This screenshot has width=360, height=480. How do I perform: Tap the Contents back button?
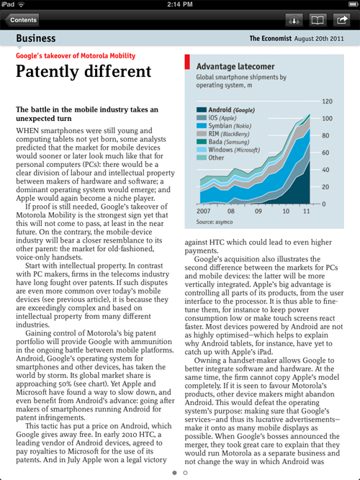coord(22,20)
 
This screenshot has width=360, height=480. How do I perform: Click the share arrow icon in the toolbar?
coord(341,20)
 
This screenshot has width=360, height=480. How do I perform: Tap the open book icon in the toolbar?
coord(318,20)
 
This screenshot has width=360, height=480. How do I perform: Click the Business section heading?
coord(36,38)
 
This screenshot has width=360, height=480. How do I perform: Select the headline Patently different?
coord(84,71)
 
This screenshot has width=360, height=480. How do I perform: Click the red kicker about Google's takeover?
coord(76,55)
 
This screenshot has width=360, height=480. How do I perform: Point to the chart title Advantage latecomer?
coord(235,66)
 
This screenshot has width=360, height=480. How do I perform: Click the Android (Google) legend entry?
coord(225,110)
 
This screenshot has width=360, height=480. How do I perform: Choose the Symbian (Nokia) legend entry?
coord(224,126)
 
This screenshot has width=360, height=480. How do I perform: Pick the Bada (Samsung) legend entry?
coord(222,142)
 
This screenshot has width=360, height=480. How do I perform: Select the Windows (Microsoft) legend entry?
coord(228,150)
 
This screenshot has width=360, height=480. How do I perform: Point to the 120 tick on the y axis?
coord(327,101)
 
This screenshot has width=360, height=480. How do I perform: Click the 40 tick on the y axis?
coord(325,170)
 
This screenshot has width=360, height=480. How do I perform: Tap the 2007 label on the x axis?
coord(203,212)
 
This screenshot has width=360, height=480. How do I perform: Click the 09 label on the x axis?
coord(258,212)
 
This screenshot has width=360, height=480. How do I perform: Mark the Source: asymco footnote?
coord(215,222)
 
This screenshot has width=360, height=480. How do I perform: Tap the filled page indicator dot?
coord(175,473)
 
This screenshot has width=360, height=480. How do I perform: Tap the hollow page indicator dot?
coord(185,473)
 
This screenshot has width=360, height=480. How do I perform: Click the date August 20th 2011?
coord(319,39)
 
